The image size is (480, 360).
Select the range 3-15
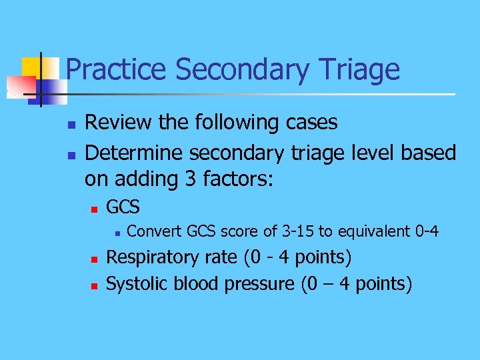[297, 231]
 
